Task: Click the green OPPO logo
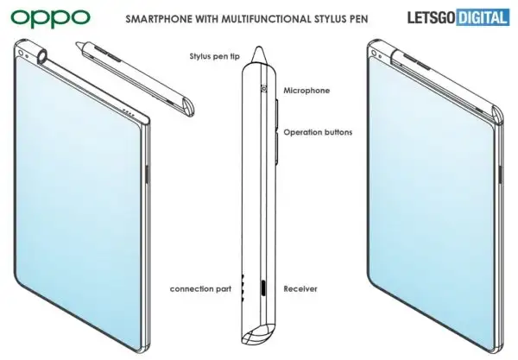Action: click(50, 18)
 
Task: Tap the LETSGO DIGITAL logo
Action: click(458, 17)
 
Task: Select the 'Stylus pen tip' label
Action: click(214, 56)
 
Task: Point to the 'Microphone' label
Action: click(306, 91)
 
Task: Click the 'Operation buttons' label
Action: click(318, 132)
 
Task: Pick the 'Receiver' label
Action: click(300, 289)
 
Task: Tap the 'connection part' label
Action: click(200, 289)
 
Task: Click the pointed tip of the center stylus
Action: click(259, 47)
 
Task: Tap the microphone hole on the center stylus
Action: click(264, 89)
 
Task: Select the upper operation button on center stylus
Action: click(277, 112)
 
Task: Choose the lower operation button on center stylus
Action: click(277, 148)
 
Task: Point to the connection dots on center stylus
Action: click(243, 287)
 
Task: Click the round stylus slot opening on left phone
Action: click(43, 56)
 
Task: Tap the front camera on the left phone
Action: click(21, 53)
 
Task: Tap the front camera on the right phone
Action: click(374, 54)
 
